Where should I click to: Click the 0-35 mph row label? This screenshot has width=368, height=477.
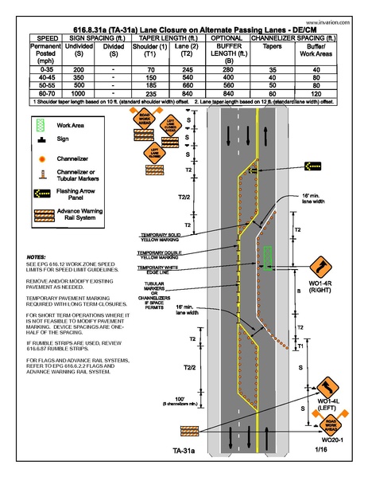(44, 70)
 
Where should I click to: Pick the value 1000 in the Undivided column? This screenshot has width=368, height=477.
(77, 94)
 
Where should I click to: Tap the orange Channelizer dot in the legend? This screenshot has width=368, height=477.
(39, 158)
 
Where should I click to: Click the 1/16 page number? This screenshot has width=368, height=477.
(320, 451)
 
